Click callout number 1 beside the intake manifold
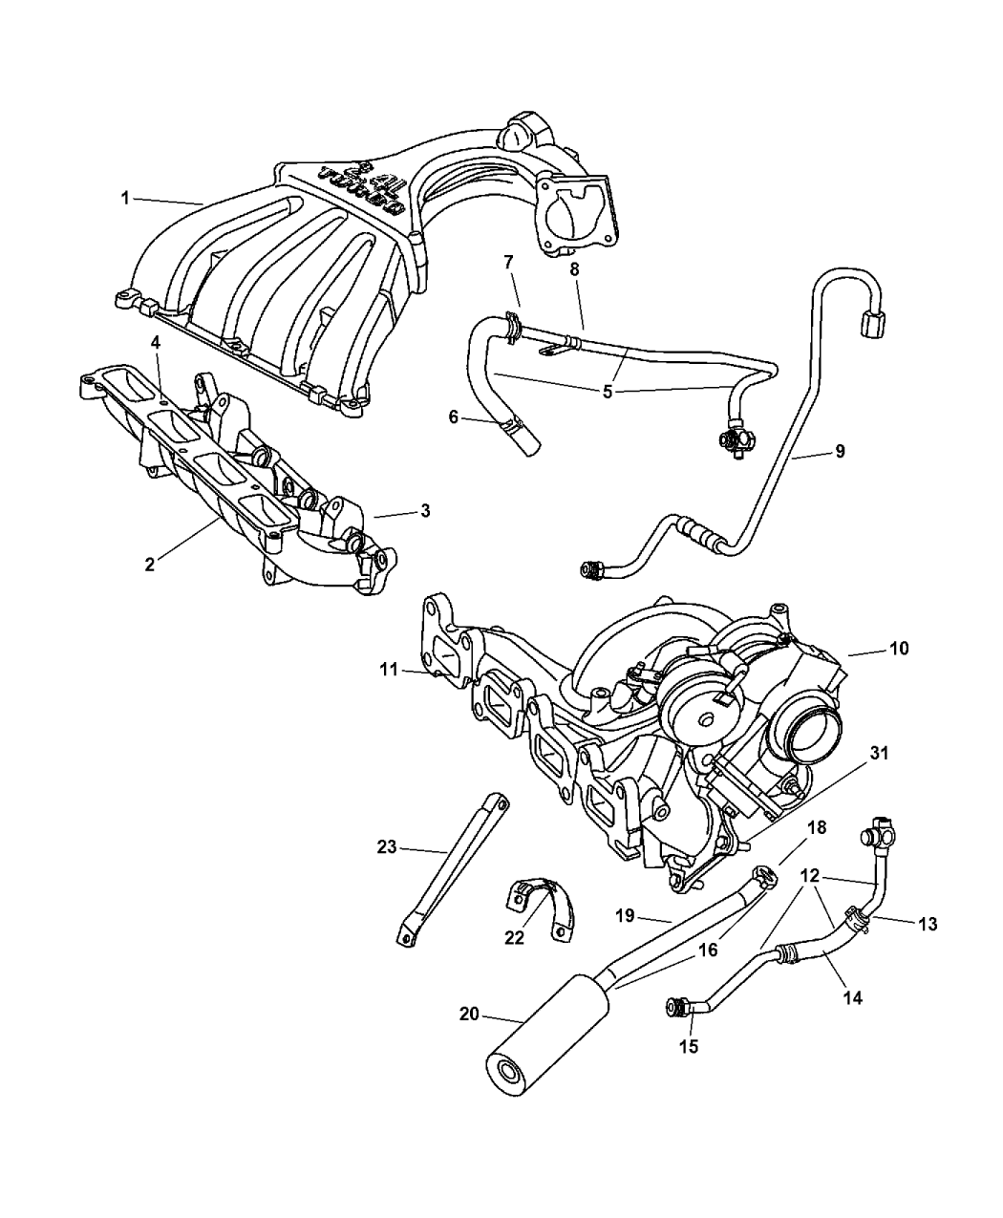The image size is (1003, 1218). point(125,198)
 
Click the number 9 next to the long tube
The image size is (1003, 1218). point(840,451)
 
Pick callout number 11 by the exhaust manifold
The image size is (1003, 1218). point(386,672)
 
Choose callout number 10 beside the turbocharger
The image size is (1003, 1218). point(898,649)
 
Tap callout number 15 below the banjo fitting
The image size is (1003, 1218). point(689,1046)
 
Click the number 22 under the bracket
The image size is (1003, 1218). point(515,938)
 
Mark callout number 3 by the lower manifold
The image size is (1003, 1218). point(424,511)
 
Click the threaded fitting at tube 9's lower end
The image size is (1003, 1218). point(593,570)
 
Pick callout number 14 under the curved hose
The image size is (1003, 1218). point(852,997)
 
